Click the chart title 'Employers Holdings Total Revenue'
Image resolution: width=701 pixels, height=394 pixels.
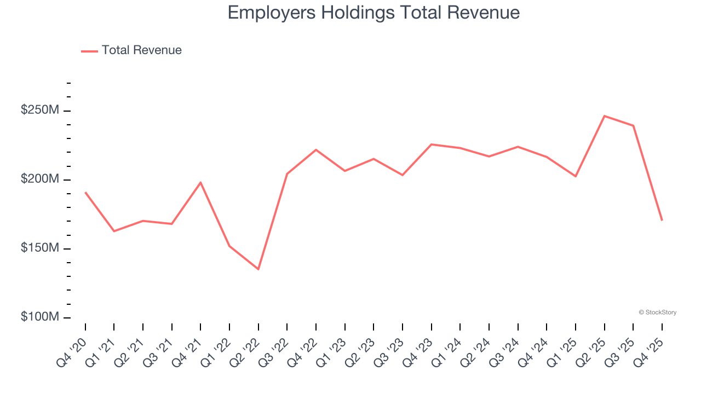(x=374, y=13)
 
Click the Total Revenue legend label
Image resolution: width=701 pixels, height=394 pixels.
(x=141, y=50)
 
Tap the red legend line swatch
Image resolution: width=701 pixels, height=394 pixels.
(x=89, y=51)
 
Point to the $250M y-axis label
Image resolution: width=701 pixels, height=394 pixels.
(x=39, y=110)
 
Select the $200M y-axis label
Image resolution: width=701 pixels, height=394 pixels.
(x=39, y=179)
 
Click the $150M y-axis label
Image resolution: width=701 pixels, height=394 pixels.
(x=39, y=248)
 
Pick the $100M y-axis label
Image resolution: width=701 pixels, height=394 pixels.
(x=39, y=317)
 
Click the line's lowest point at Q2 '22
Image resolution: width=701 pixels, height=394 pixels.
(x=258, y=269)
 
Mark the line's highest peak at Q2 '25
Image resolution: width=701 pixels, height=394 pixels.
(x=604, y=116)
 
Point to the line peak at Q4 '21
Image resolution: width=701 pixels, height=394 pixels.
(x=200, y=182)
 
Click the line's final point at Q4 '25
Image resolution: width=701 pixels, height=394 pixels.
(x=662, y=220)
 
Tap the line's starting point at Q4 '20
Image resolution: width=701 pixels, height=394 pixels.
(x=85, y=193)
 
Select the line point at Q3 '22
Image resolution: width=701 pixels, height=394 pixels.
(x=287, y=174)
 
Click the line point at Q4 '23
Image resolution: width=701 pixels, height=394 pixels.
(x=432, y=144)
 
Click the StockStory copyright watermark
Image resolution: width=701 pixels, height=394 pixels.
(x=657, y=312)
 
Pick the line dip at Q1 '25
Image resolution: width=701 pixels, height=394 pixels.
(x=576, y=176)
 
